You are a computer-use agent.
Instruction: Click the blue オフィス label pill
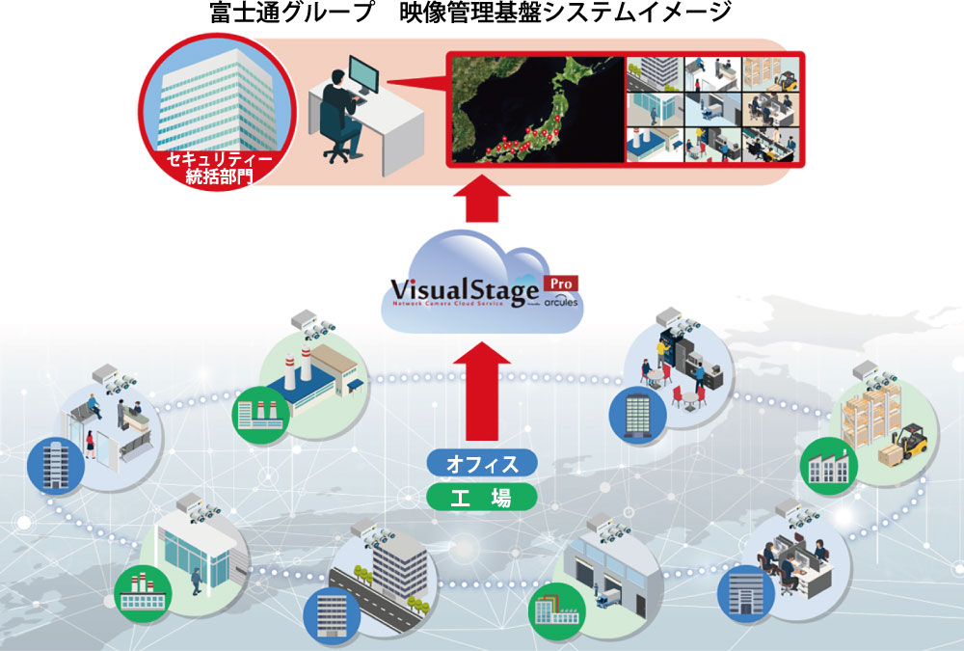(481, 464)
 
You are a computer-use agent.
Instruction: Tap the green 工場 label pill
(481, 497)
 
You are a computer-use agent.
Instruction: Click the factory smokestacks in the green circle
(300, 366)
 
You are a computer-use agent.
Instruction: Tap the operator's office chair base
(336, 154)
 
